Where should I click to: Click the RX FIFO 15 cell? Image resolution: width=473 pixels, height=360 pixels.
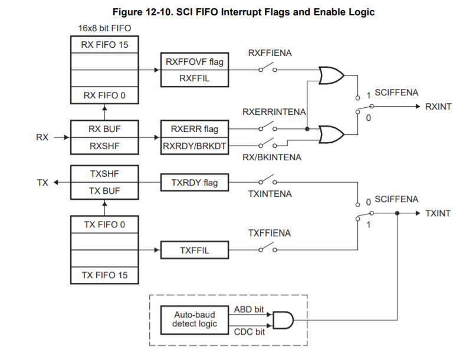(x=104, y=45)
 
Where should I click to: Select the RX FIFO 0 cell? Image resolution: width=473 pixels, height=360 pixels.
(x=104, y=95)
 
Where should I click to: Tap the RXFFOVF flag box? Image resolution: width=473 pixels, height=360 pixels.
(x=195, y=61)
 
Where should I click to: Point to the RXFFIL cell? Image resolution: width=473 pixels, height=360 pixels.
(x=195, y=78)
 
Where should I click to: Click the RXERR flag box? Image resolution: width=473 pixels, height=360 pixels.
(x=195, y=129)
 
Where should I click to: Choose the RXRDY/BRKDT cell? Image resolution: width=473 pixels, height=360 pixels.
(x=195, y=146)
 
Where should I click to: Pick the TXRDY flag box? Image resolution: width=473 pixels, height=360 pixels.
(x=195, y=183)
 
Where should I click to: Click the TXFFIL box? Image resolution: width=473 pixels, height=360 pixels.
(x=195, y=250)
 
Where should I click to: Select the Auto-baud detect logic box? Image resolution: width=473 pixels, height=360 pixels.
(x=195, y=320)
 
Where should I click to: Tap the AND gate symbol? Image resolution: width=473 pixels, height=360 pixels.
(x=283, y=320)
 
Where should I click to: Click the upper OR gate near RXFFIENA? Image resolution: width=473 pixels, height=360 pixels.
(x=331, y=75)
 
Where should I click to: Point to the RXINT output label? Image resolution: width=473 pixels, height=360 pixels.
(x=438, y=106)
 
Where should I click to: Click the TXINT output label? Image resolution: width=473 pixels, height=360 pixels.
(x=438, y=213)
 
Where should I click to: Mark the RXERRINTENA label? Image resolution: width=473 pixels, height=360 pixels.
(x=274, y=112)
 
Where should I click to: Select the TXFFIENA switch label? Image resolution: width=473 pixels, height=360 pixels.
(x=270, y=233)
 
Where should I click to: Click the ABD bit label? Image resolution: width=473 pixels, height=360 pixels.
(x=249, y=309)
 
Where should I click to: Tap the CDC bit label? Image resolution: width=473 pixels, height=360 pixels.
(x=249, y=332)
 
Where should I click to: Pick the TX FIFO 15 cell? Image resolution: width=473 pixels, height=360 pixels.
(x=104, y=275)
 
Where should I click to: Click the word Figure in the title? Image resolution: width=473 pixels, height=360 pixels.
(x=127, y=12)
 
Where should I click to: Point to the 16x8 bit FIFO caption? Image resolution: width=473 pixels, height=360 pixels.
(x=104, y=28)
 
